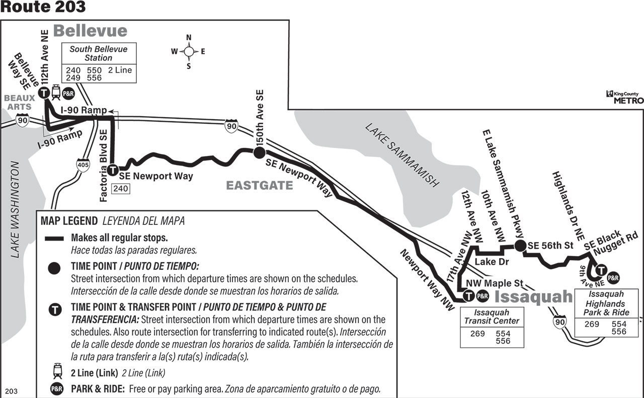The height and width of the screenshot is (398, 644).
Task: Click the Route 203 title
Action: tap(43, 7)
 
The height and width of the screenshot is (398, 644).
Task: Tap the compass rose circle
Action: tap(189, 52)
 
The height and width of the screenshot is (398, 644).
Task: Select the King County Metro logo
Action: tap(624, 97)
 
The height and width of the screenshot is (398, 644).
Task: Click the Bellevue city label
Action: tap(90, 31)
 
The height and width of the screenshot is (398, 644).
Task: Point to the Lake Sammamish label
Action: tap(402, 155)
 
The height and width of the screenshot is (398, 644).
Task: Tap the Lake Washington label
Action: tap(15, 210)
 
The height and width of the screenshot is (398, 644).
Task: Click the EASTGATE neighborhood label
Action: tap(259, 186)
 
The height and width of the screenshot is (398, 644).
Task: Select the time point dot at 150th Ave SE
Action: tap(259, 152)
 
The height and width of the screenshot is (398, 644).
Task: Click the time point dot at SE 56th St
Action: tap(520, 246)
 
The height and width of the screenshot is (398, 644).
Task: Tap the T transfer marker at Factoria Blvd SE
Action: tap(113, 170)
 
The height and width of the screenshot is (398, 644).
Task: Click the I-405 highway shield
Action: tap(83, 165)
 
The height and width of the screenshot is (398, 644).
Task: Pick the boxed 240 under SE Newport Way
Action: tap(120, 189)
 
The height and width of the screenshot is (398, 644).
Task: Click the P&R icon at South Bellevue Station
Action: tap(68, 94)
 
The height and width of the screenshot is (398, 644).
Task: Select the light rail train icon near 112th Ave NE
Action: tap(56, 92)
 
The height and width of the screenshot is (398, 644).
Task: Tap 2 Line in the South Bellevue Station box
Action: tap(120, 70)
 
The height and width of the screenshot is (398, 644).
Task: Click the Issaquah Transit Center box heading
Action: tap(492, 316)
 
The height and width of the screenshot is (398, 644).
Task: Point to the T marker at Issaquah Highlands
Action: tap(601, 270)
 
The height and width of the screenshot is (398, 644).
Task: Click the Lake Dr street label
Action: tap(492, 262)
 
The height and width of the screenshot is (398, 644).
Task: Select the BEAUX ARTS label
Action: tap(20, 102)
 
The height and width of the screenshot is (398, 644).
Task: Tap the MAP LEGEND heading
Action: tap(69, 221)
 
